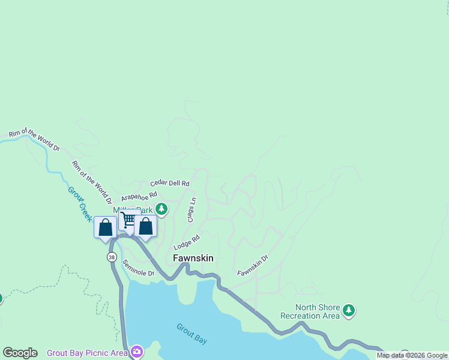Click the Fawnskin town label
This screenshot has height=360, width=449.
pos(193,258)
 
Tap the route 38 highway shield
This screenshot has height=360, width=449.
pos(112,257)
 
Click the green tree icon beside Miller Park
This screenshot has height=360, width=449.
pos(161,209)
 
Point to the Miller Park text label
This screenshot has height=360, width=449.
pos(133,210)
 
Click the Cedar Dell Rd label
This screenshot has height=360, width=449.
pos(170,183)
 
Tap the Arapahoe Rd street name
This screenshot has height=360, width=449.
pos(139,196)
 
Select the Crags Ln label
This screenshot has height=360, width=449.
pos(192,211)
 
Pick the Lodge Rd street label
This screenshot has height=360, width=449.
pos(186,243)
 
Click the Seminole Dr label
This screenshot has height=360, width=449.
pos(138,268)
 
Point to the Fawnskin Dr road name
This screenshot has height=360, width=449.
pos(252,265)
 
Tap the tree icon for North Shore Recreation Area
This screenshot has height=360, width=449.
pos(349,311)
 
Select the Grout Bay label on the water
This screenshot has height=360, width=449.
pos(191,334)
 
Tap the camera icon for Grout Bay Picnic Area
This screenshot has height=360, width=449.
pos(137,352)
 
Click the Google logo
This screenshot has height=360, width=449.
pos(20,353)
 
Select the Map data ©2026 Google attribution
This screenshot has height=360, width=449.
pos(412,355)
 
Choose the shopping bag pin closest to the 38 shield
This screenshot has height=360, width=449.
pos(105,227)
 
